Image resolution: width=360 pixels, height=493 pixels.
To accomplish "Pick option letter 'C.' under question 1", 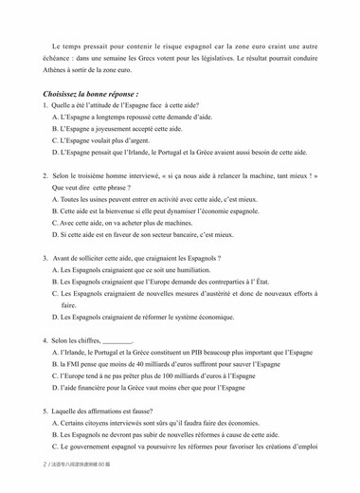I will click(56, 140).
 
